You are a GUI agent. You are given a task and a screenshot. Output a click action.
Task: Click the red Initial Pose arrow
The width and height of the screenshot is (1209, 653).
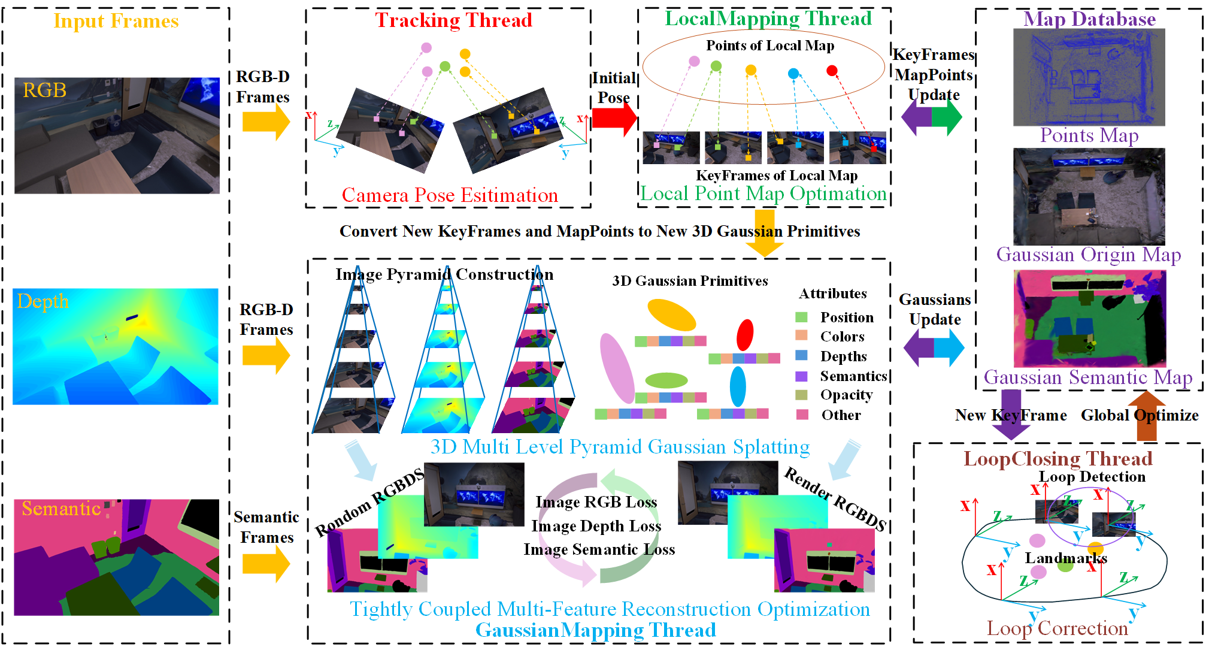tap(615, 118)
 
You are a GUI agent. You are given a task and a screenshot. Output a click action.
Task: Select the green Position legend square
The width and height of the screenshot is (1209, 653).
tap(801, 317)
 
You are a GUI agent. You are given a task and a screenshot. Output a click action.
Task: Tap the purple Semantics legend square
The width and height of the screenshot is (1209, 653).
tap(801, 376)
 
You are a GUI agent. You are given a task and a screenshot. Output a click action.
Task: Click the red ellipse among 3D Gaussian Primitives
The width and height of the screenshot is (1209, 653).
tap(745, 335)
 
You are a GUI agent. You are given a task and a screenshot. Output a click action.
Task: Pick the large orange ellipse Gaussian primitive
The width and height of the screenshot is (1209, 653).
tap(672, 315)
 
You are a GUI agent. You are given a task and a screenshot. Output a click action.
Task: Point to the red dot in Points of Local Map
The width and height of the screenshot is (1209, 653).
tap(832, 71)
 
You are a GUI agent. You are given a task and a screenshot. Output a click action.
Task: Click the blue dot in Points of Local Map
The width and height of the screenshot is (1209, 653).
tap(793, 73)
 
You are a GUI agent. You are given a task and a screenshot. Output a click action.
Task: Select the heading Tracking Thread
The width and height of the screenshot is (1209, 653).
tap(454, 20)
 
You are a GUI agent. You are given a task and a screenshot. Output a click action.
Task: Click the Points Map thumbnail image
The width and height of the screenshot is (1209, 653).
tap(1089, 77)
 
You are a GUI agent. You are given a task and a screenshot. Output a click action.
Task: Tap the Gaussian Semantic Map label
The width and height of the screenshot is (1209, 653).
tap(1088, 377)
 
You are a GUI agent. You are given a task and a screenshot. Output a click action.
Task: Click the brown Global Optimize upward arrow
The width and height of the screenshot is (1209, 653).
tap(1147, 416)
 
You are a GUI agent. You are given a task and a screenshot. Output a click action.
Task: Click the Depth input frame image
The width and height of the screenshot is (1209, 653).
tap(116, 346)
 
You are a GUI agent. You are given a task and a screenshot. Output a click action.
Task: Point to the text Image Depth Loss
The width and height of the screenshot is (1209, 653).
tap(596, 526)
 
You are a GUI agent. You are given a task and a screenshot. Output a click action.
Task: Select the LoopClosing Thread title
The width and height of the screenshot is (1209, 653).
tap(1058, 459)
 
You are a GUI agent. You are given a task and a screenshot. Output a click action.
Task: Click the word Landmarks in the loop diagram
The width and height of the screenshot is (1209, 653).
tap(1066, 558)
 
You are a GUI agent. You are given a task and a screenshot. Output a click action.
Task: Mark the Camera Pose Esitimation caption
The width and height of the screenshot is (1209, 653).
tap(450, 195)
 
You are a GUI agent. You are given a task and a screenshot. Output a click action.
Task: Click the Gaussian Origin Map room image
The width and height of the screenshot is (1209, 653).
tap(1089, 196)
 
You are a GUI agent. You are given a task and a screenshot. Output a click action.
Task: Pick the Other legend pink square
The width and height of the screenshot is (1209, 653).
tap(802, 415)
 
